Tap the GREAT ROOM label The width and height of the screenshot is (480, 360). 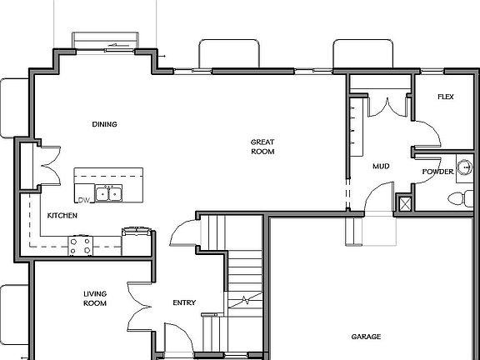262,147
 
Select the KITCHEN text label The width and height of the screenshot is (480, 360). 62,216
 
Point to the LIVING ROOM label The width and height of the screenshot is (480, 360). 95,298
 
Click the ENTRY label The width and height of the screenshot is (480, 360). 183,302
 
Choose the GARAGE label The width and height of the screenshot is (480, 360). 365,337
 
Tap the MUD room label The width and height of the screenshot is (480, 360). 382,167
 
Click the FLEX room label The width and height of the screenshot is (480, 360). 445,97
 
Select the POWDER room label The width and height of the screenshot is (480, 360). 437,172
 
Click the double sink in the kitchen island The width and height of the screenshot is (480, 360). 109,194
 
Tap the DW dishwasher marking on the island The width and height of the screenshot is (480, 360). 82,200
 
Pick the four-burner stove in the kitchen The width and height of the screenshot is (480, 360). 81,245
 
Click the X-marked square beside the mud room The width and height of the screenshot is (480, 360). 405,203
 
